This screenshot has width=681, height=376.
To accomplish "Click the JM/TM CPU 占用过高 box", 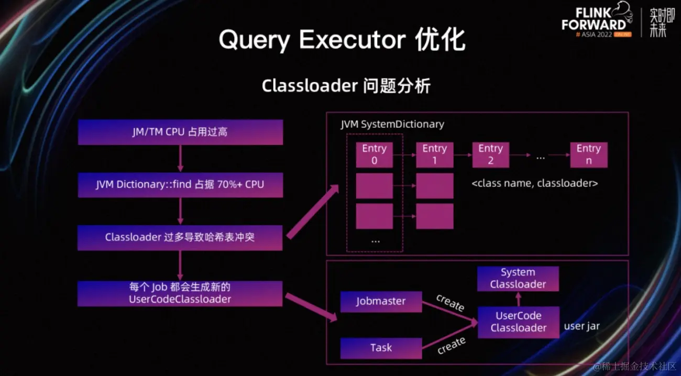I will tap(180, 132).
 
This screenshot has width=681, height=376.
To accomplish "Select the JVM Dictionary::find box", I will tap(180, 184).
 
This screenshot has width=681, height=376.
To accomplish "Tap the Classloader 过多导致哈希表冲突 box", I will tap(180, 237).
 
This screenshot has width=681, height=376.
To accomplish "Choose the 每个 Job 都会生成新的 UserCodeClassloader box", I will tap(180, 293).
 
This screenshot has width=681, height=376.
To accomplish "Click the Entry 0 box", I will tap(374, 154).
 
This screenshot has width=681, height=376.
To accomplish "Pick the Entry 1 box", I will tap(434, 154).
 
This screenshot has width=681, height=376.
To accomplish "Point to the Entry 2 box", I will tap(490, 154).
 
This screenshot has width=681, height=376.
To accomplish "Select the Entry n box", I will tap(589, 154).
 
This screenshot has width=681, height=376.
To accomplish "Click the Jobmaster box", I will tap(381, 302).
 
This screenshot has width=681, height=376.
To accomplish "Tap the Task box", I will tap(381, 348).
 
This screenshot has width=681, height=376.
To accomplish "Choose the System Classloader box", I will tap(518, 279).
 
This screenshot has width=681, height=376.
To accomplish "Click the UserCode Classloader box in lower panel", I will tap(518, 322).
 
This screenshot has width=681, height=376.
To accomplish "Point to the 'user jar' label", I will tap(581, 326).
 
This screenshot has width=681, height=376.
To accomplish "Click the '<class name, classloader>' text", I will tap(535, 183).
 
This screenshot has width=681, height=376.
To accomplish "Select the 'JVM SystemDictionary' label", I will tap(392, 124).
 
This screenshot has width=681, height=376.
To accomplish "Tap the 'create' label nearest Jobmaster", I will tap(450, 303).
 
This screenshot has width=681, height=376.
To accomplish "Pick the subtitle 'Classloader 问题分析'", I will tap(346, 85).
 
